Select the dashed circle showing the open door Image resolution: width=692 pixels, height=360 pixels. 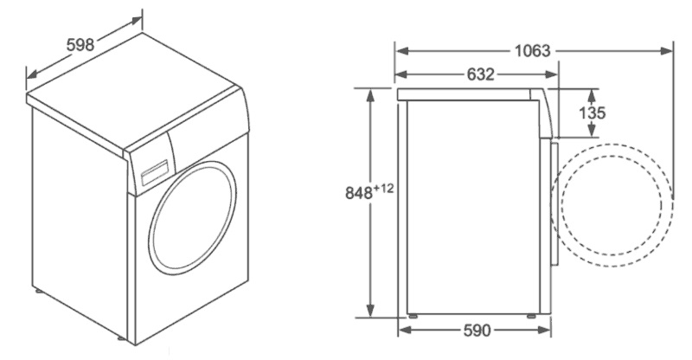pos(614,200)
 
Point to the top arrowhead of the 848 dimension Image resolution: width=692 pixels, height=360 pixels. pos(370,93)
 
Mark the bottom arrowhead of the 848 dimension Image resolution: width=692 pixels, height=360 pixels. pos(370,312)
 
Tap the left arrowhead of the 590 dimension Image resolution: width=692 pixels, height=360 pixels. pos(403,330)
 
